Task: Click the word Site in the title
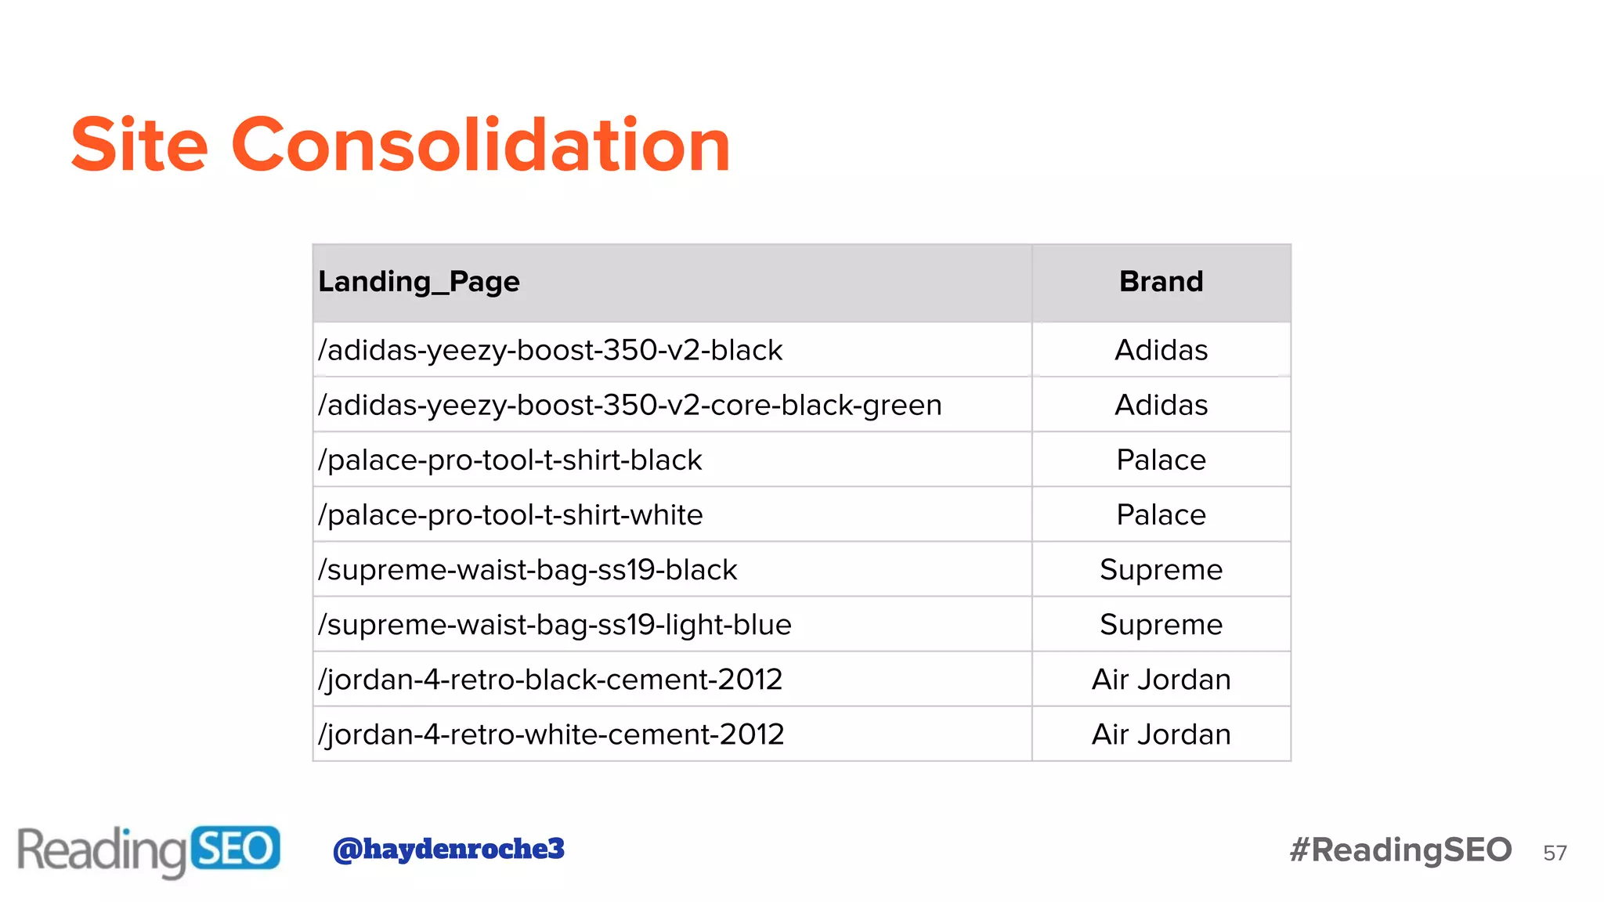coord(139,145)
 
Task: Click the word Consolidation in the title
coord(480,145)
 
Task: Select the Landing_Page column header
coord(419,282)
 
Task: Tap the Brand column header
coord(1161,282)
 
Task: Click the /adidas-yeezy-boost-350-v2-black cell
coord(550,350)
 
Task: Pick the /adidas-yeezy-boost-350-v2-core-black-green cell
coord(630,405)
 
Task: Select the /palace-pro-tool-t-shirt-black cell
coord(510,460)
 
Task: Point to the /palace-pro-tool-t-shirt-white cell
coord(510,514)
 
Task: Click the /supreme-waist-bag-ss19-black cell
coord(527,569)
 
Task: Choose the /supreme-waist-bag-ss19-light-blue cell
coord(555,624)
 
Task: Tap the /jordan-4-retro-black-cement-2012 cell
coord(550,679)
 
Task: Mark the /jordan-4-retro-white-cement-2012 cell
coord(551,734)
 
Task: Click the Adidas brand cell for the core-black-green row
coord(1161,405)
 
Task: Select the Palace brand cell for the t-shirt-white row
coord(1161,514)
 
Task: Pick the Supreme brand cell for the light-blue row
coord(1161,624)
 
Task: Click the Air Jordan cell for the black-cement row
coord(1161,679)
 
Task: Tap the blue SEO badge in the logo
coord(235,848)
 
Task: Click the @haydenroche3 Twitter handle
coord(449,849)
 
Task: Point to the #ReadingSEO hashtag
coord(1400,850)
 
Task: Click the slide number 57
coord(1555,853)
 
